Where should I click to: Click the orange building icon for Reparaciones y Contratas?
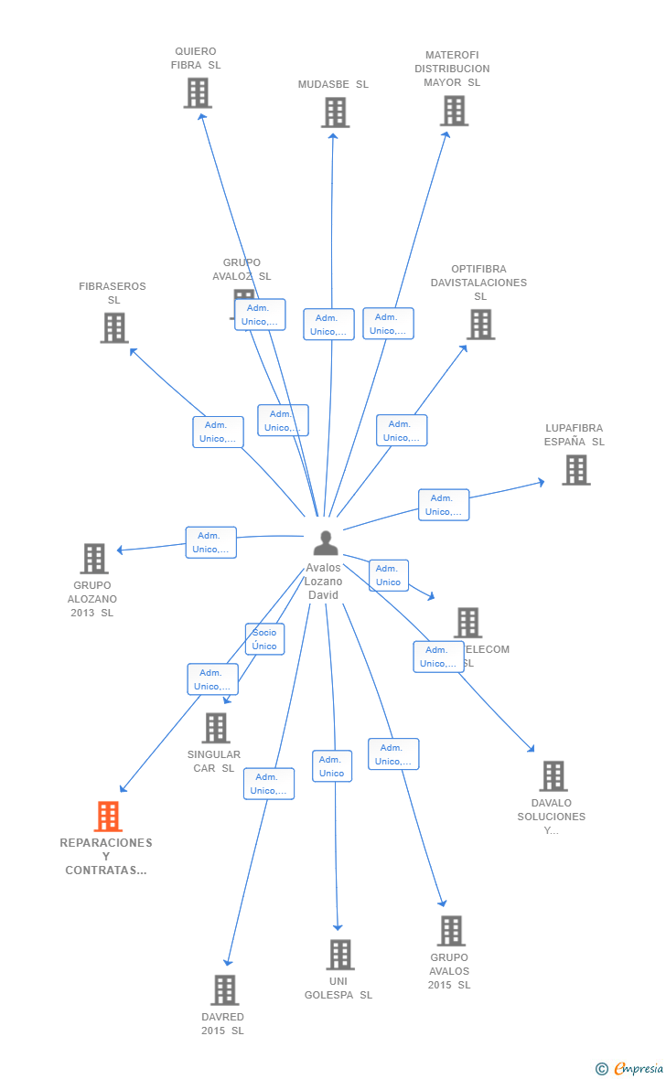point(108,817)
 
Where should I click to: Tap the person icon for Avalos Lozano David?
point(325,543)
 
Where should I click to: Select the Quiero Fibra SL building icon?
point(198,93)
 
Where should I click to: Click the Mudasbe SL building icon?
point(336,112)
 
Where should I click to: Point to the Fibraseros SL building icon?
point(114,327)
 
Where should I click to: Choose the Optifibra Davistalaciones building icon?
point(480,324)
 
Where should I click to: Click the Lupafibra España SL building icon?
point(575,470)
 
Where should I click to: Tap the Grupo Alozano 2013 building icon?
point(94,559)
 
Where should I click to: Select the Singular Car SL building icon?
point(216,728)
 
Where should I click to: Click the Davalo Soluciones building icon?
point(553,776)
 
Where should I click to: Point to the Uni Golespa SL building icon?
point(340,955)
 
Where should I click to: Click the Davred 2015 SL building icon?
point(225,990)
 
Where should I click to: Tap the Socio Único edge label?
point(264,639)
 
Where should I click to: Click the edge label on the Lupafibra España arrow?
point(444,505)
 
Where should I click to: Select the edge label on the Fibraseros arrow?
point(218,432)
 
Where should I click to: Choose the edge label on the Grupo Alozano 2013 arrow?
point(210,542)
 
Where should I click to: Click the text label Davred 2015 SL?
point(223,1023)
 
